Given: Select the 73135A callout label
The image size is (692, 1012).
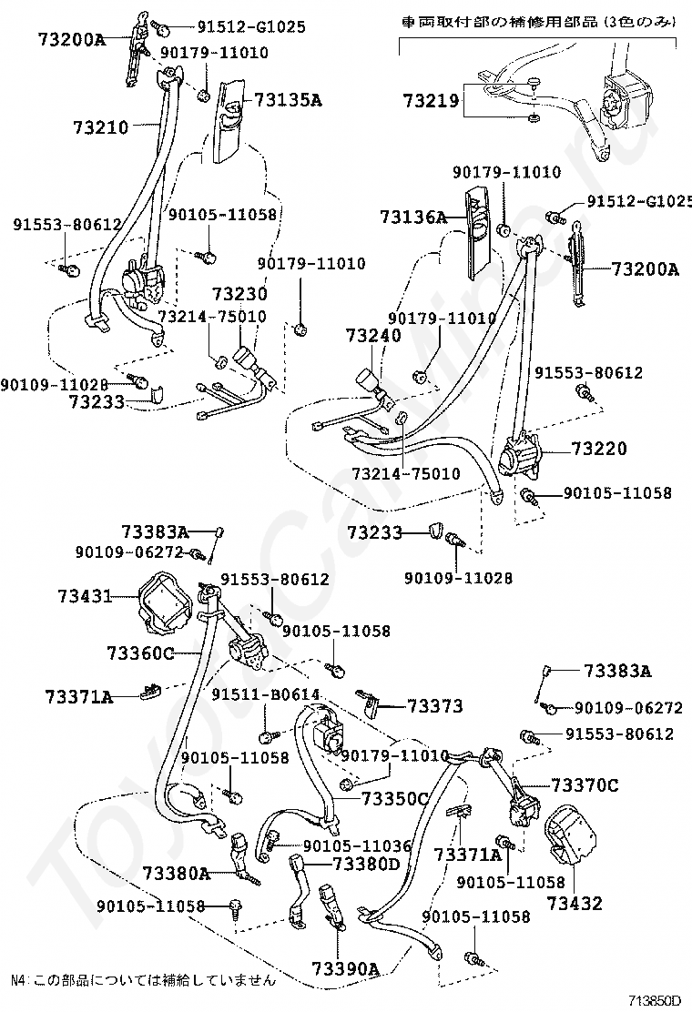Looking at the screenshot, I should click(289, 100).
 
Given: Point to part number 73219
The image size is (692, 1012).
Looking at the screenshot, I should click(432, 102).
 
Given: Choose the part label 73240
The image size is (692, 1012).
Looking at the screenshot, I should click(372, 336).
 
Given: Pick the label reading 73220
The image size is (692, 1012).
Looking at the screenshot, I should click(599, 449).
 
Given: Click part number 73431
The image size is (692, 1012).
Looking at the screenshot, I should click(84, 596).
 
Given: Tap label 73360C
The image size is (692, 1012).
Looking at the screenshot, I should click(140, 653).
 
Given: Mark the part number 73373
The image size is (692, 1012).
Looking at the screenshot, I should click(435, 706).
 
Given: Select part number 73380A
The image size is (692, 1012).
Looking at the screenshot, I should click(177, 874).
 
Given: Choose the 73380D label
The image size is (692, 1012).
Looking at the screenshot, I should click(366, 864).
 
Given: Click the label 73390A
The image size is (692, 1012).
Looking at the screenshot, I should click(345, 967).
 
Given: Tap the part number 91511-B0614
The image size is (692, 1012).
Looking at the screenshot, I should click(265, 694).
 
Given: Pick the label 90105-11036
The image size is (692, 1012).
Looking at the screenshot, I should click(357, 845).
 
